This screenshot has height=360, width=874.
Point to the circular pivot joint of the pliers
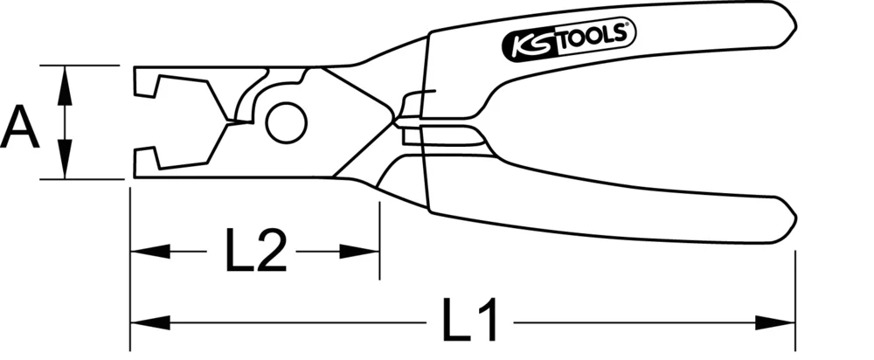285,122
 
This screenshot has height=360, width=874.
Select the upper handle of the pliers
612,61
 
